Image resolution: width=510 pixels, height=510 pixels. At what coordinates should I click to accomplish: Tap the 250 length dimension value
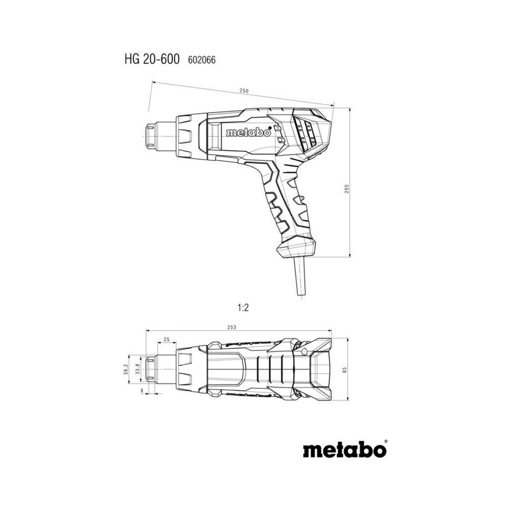pyautogui.click(x=244, y=91)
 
